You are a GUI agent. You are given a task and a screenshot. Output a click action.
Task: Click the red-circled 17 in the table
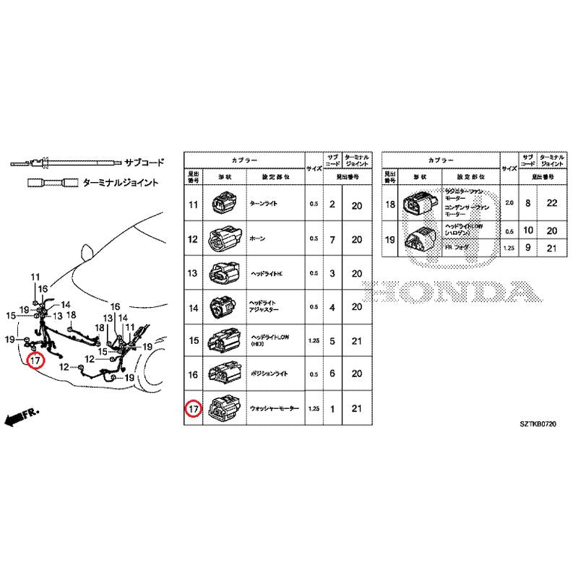(193, 410)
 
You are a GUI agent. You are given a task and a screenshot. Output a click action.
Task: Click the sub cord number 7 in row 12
(332, 239)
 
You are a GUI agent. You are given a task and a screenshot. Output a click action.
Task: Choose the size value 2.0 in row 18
(509, 204)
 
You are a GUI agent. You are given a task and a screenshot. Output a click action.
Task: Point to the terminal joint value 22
(552, 204)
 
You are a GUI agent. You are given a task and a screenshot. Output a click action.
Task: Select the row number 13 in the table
(193, 273)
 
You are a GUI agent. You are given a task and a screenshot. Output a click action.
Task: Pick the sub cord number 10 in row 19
(528, 230)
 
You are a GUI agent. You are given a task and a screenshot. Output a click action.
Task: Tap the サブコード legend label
(144, 163)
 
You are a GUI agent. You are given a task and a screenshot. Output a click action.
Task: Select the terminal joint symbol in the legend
(54, 183)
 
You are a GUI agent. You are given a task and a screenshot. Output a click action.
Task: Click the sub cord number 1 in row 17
(332, 410)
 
